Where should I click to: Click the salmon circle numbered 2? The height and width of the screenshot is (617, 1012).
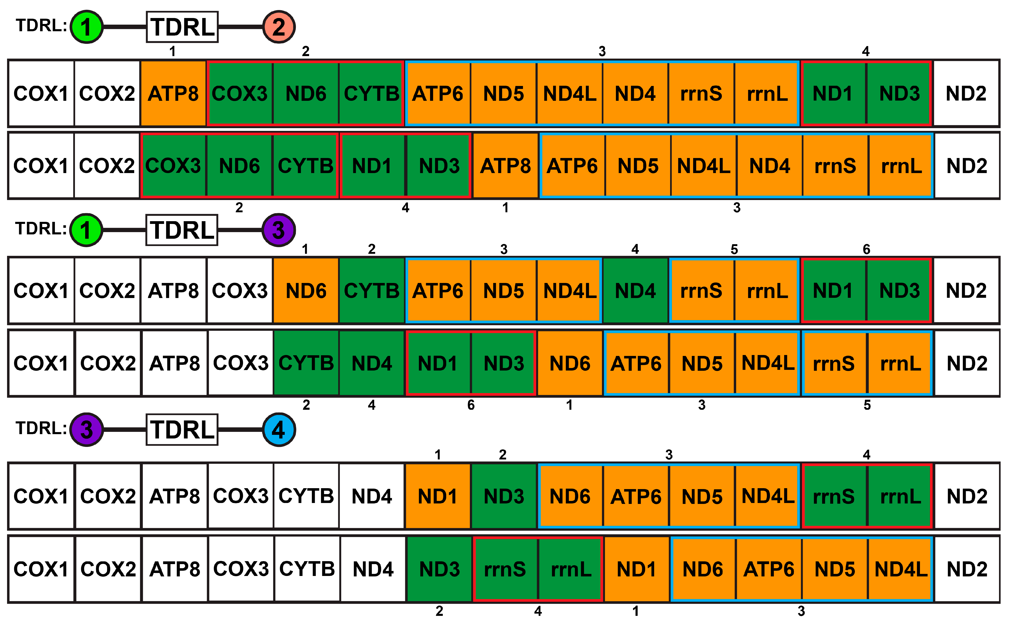click(279, 27)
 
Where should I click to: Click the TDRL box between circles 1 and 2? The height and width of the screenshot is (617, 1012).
click(182, 27)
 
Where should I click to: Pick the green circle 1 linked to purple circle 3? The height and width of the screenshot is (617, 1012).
click(86, 230)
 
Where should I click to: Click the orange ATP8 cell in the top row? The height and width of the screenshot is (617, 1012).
click(173, 93)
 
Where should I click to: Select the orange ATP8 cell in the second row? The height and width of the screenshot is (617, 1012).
click(505, 166)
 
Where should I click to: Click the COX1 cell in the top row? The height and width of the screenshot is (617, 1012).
click(41, 93)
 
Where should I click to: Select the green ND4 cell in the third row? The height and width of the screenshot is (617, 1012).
click(635, 291)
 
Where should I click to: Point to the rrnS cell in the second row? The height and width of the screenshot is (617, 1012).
click(835, 166)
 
